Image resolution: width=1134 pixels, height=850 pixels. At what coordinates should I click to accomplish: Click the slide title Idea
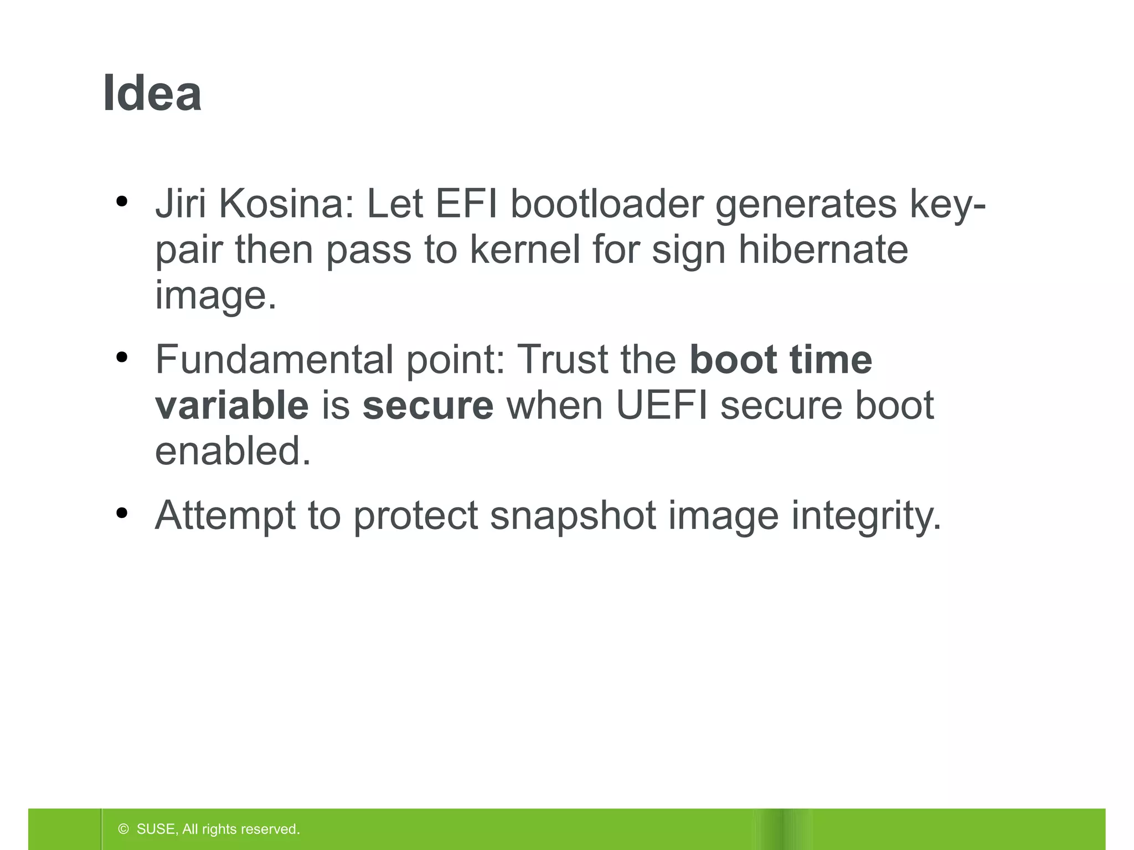pos(152,93)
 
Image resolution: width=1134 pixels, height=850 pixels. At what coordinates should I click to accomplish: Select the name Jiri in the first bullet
pos(181,204)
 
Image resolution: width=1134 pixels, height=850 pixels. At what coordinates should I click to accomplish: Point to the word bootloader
pos(607,204)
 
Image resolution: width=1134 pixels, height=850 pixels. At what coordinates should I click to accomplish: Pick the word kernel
pos(525,249)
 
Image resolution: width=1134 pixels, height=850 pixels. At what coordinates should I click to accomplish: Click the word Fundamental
pos(275,360)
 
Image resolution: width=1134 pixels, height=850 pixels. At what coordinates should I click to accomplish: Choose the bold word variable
pos(231,405)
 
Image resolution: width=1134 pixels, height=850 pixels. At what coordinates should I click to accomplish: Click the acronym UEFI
pos(662,405)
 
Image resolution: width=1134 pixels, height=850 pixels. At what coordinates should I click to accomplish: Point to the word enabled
pos(233,450)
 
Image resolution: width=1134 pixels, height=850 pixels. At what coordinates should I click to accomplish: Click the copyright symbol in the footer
pos(123,829)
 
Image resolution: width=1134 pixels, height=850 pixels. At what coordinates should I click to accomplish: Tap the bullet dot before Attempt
pos(122,513)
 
